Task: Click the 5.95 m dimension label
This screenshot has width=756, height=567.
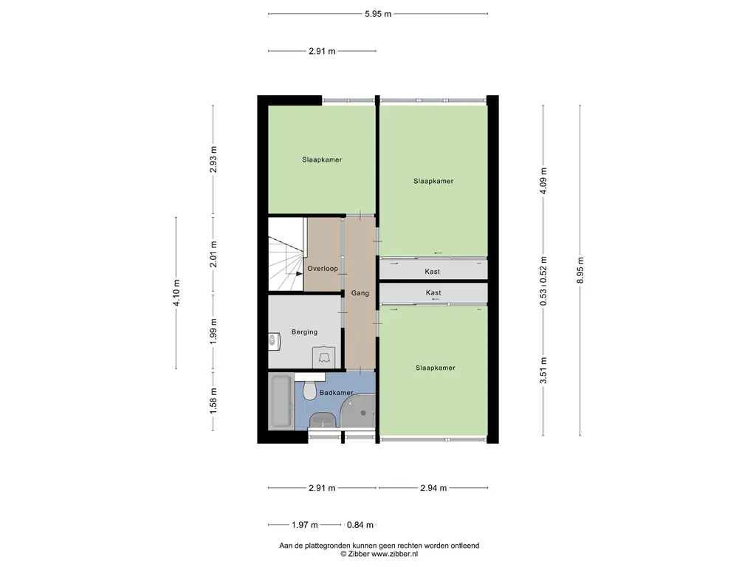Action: (378, 14)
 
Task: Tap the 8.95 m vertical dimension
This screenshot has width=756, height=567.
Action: (580, 270)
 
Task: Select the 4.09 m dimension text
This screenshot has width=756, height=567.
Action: (543, 181)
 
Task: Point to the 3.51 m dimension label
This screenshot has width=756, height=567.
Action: (543, 371)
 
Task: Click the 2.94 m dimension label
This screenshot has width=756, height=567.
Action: (433, 488)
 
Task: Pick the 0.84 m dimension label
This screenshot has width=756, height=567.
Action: (360, 525)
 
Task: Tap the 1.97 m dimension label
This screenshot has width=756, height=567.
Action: (305, 525)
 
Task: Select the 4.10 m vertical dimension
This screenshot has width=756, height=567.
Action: (176, 292)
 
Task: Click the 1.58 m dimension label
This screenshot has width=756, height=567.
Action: (213, 401)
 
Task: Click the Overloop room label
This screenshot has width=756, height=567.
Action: (323, 269)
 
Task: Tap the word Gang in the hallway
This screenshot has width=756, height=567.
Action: (360, 293)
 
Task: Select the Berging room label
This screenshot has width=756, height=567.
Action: (304, 331)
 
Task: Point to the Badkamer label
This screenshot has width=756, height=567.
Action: (336, 393)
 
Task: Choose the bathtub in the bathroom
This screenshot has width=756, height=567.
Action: (281, 402)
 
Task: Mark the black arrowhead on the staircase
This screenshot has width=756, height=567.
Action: (299, 273)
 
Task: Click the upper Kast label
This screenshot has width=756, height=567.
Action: (432, 272)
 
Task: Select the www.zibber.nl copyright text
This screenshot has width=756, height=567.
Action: (379, 554)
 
